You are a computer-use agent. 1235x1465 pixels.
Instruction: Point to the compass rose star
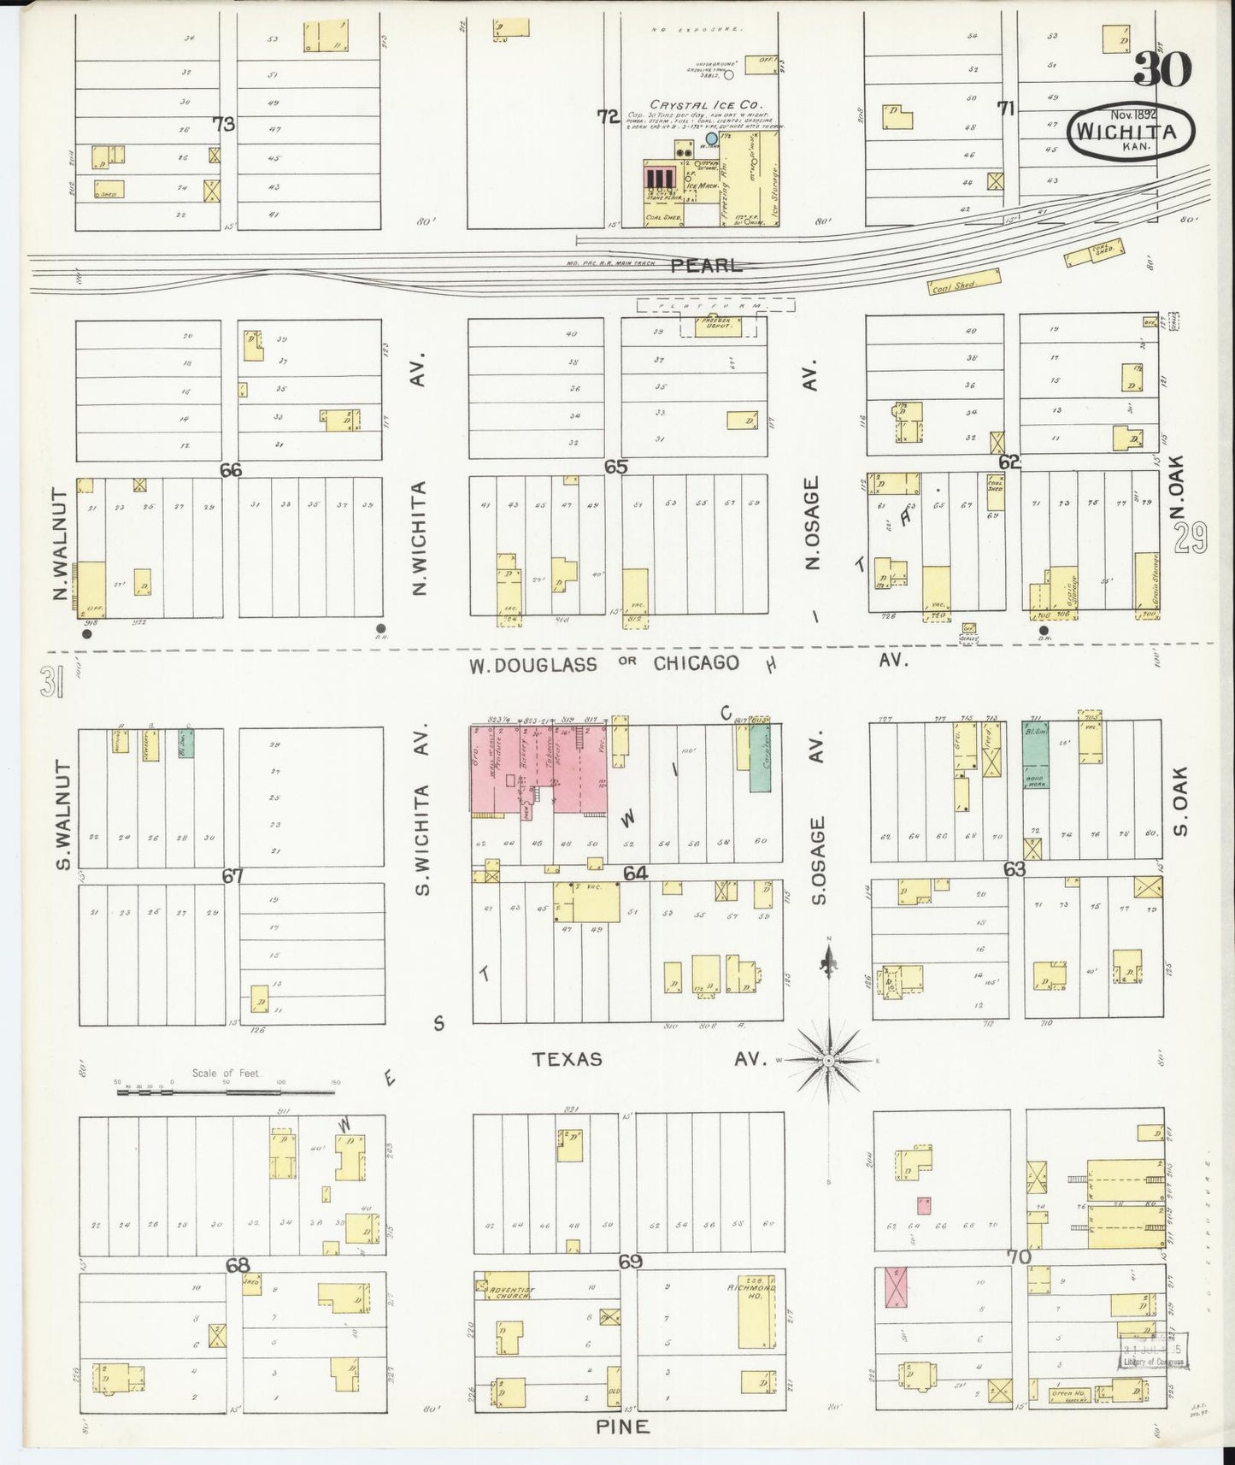click(827, 1060)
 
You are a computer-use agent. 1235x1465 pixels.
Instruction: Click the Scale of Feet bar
click(226, 1091)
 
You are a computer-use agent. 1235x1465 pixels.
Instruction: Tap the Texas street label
click(567, 1059)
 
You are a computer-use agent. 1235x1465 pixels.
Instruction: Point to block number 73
click(224, 125)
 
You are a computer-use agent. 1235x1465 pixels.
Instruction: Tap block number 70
click(1019, 1257)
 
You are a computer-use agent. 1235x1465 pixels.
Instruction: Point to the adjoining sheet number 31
click(50, 683)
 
